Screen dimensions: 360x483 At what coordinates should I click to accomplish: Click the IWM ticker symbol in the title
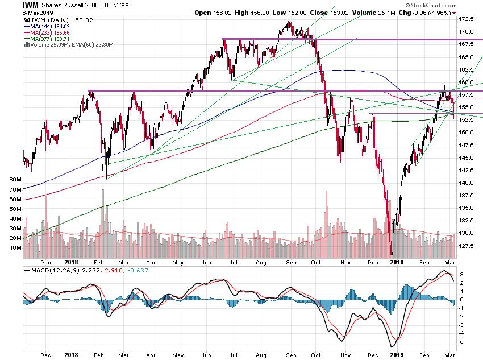[x=31, y=5]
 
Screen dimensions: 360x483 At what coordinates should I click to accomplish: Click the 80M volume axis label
[x=16, y=179]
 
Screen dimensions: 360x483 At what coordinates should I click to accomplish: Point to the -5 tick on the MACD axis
[x=463, y=341]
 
